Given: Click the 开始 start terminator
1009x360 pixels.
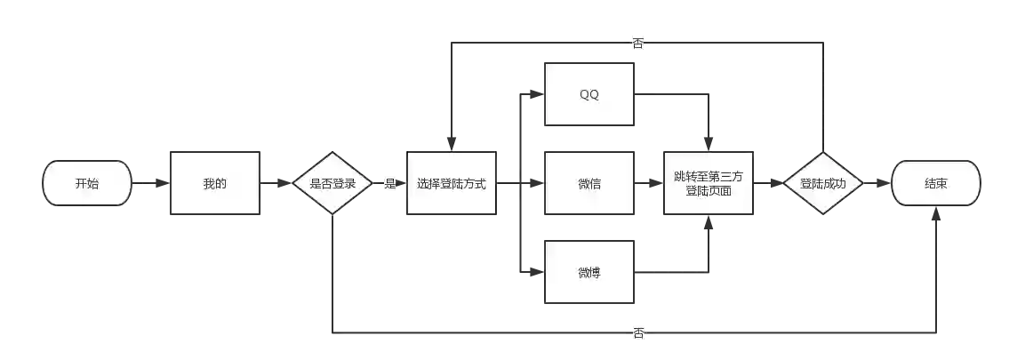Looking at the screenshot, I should click(x=87, y=184).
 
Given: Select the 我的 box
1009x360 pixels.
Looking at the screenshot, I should click(x=214, y=184).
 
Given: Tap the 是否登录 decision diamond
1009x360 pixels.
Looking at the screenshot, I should click(x=332, y=184).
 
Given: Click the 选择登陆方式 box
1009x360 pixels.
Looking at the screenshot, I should click(x=451, y=184).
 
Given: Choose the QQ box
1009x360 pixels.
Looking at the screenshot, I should click(x=589, y=95).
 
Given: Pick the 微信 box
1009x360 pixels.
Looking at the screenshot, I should click(x=589, y=184).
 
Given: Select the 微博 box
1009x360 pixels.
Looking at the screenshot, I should click(x=589, y=272).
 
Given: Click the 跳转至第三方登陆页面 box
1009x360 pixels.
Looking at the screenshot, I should click(x=709, y=184).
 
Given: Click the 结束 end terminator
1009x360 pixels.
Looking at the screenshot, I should click(x=935, y=184).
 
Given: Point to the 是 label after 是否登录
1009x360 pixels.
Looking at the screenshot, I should click(x=390, y=184).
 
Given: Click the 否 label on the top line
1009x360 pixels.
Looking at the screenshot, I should click(x=637, y=42).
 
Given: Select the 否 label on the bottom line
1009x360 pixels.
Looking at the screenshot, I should click(x=639, y=333).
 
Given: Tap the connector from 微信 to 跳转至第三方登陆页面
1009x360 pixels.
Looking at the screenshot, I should click(x=648, y=184).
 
